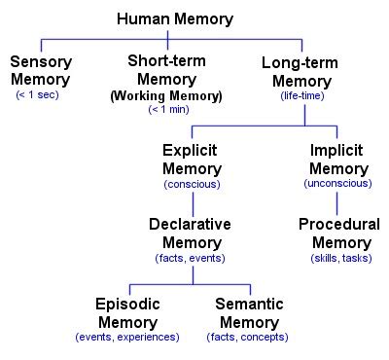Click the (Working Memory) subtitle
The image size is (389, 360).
166,96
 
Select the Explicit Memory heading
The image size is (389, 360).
192,161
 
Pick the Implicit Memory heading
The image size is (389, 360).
337,161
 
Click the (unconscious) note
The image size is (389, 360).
337,184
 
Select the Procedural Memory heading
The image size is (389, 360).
338,233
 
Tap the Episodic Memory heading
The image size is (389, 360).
127,312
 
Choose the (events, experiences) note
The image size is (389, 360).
127,337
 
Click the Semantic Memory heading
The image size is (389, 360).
249,312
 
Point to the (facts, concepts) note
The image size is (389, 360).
249,337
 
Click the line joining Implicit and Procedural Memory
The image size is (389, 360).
337,202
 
